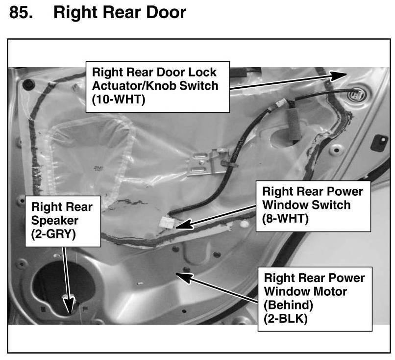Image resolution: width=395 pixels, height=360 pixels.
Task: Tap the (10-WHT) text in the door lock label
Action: click(x=120, y=99)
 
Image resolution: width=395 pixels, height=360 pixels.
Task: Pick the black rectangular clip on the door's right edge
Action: click(x=378, y=143)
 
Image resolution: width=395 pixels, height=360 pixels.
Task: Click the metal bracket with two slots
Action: click(x=203, y=163)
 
